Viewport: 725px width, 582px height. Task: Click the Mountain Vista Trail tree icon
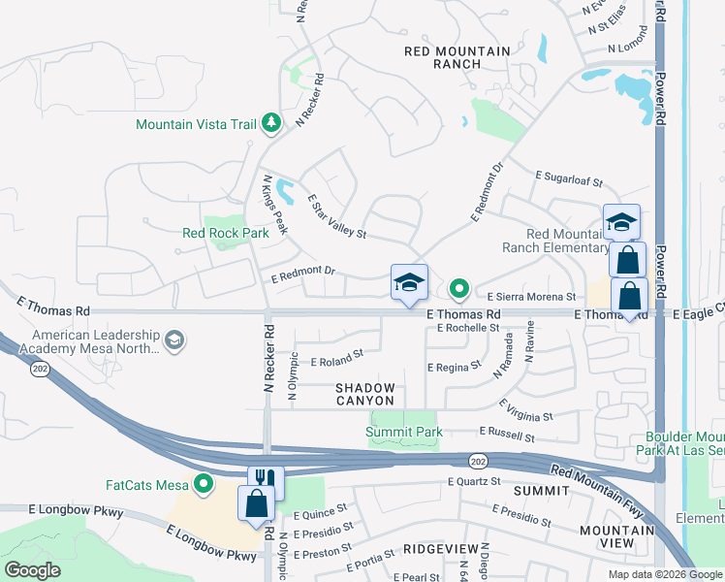point(272,123)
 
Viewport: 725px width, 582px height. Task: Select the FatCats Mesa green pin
point(204,483)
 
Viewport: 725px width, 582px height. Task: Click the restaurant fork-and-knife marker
point(265,479)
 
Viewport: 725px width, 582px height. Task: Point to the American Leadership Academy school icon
point(173,339)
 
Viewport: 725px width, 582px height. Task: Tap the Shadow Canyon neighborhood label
point(365,394)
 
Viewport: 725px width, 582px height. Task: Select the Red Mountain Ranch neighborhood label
point(445,57)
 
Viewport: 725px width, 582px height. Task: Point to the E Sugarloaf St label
point(569,179)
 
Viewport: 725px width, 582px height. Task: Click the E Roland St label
point(336,360)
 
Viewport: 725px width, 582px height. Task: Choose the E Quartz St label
point(474,481)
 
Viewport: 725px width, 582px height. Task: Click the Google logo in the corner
point(32,570)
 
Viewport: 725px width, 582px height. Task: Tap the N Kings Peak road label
point(275,205)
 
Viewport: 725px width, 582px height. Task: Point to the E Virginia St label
point(525,410)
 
